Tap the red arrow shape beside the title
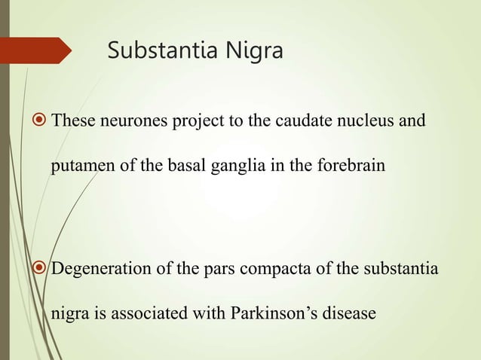38,51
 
